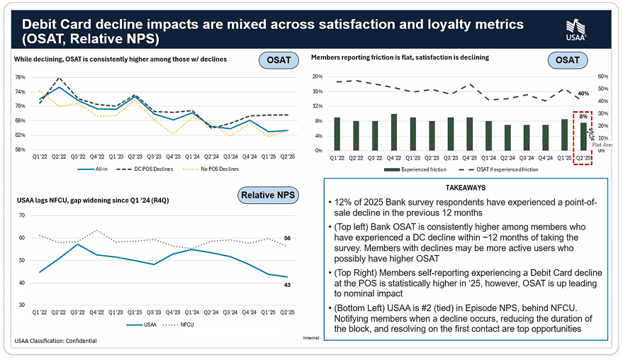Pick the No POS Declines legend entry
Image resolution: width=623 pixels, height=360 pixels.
[220, 169]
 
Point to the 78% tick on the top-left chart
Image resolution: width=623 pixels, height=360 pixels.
[20, 77]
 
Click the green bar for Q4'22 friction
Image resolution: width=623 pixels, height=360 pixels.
[394, 132]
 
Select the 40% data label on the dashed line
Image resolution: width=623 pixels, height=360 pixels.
[583, 94]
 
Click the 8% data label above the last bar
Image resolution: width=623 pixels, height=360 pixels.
[583, 116]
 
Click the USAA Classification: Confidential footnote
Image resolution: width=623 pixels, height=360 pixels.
[55, 341]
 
